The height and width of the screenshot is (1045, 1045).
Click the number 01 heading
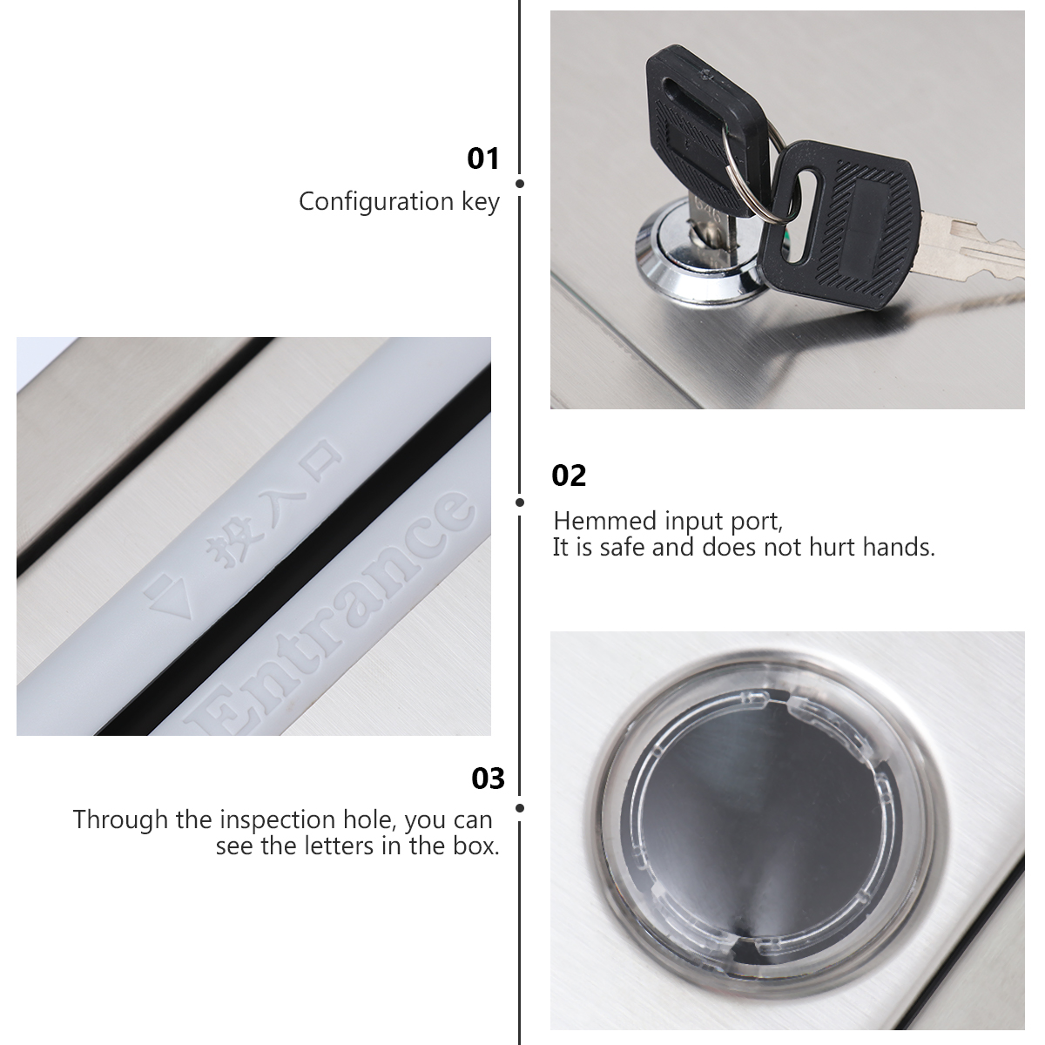(x=483, y=158)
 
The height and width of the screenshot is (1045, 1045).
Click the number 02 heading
(x=569, y=475)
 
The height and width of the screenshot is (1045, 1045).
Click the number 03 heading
(x=488, y=779)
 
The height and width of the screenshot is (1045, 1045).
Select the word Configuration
(x=376, y=202)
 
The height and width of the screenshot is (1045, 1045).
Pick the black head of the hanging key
(x=839, y=226)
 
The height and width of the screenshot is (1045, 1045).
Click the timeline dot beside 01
(x=520, y=184)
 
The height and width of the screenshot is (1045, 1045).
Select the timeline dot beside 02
(x=520, y=502)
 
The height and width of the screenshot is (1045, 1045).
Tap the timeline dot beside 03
(x=520, y=808)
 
